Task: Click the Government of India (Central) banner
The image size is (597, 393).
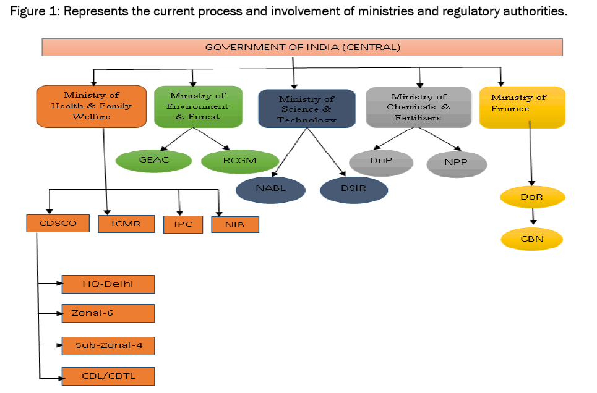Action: [x=302, y=47]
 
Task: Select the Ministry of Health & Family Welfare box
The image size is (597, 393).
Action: [x=92, y=106]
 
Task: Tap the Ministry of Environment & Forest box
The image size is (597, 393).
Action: [x=197, y=106]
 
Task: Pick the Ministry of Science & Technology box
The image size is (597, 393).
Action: [x=306, y=108]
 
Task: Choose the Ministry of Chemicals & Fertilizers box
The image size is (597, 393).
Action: [x=418, y=106]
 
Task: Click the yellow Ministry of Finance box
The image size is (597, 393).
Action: [x=522, y=106]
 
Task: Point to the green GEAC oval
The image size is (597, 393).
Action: [x=154, y=160]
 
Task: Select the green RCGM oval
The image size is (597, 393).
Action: [x=239, y=161]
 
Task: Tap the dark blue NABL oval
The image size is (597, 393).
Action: [x=270, y=188]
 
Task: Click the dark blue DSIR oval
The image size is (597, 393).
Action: [x=354, y=188]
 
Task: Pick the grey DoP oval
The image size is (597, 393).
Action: [x=380, y=161]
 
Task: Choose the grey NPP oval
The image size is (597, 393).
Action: [x=457, y=164]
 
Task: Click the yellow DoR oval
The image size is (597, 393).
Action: [x=532, y=198]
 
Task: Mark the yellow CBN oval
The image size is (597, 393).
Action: [x=532, y=239]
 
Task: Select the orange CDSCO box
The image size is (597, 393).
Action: [x=58, y=223]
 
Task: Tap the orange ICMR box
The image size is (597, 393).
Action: [x=126, y=224]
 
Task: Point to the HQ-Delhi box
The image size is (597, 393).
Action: [x=108, y=284]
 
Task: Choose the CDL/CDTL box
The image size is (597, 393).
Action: [x=108, y=376]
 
